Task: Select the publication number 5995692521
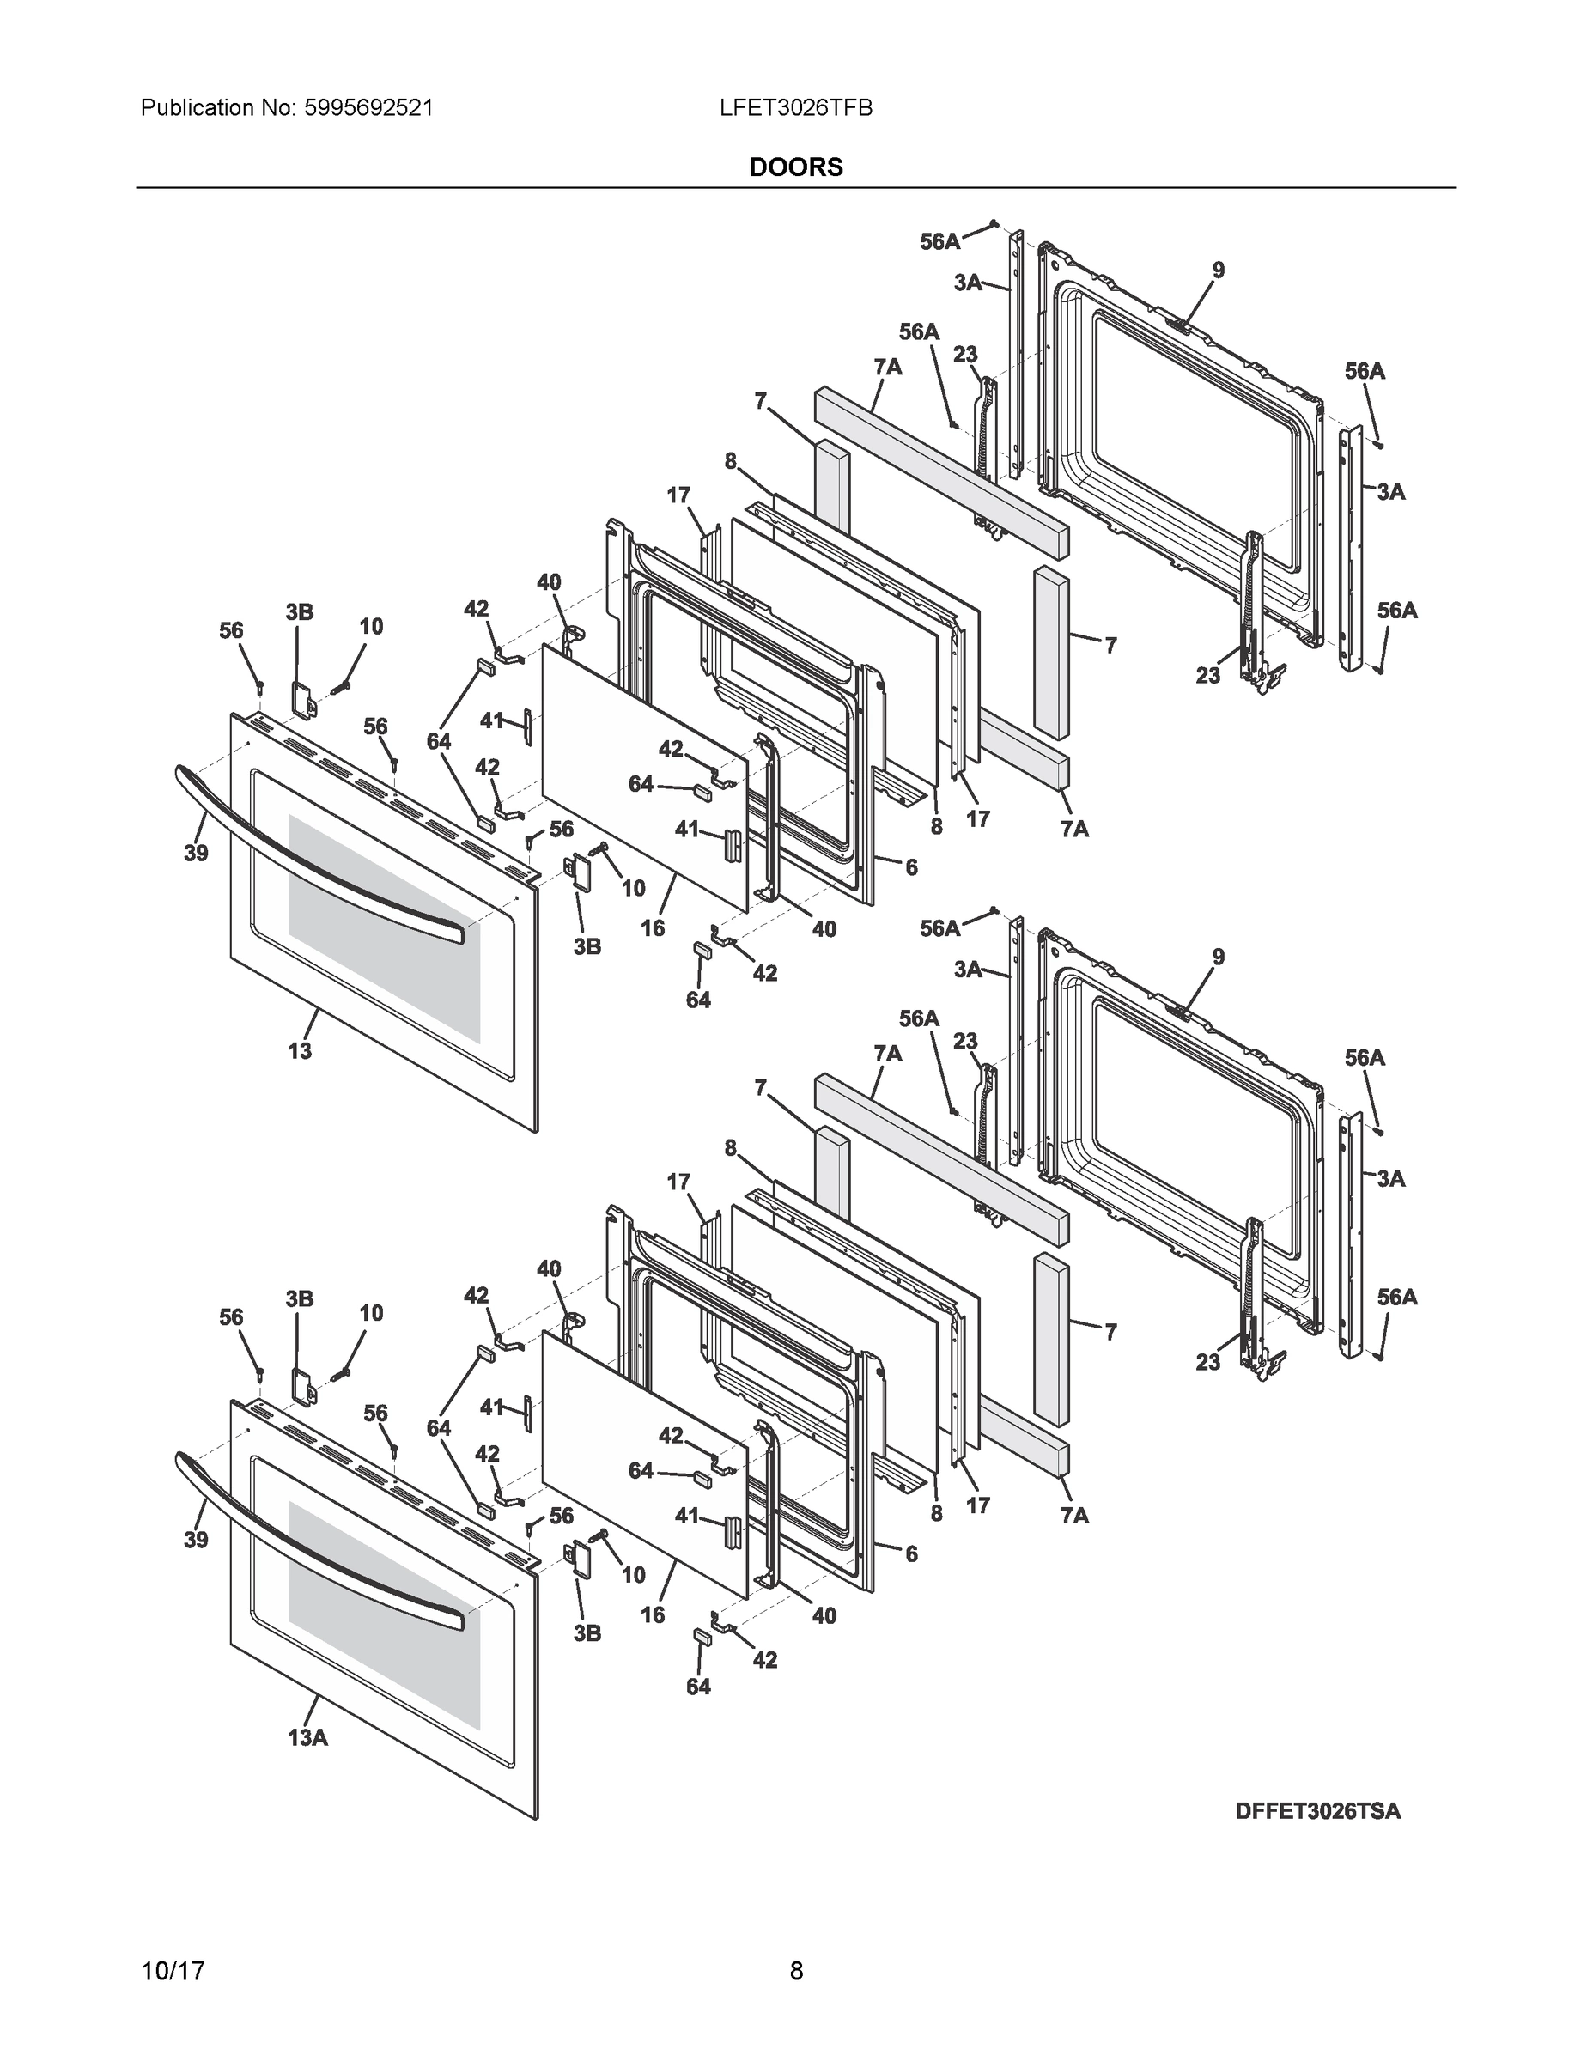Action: tap(368, 108)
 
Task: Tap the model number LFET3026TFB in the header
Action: tap(795, 108)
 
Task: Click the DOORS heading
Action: tap(795, 167)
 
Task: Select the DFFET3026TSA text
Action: tap(1317, 1811)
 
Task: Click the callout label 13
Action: tap(299, 1050)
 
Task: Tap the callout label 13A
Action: tap(307, 1737)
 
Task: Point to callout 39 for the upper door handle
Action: tap(195, 852)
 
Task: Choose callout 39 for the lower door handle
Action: tap(195, 1539)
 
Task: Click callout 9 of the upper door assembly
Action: tap(1219, 271)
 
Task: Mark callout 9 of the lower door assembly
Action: tap(1219, 957)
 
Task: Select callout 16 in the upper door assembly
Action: tap(653, 927)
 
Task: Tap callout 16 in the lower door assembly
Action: tap(653, 1614)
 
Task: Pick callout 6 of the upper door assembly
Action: tap(910, 866)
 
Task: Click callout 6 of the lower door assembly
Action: tap(910, 1553)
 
